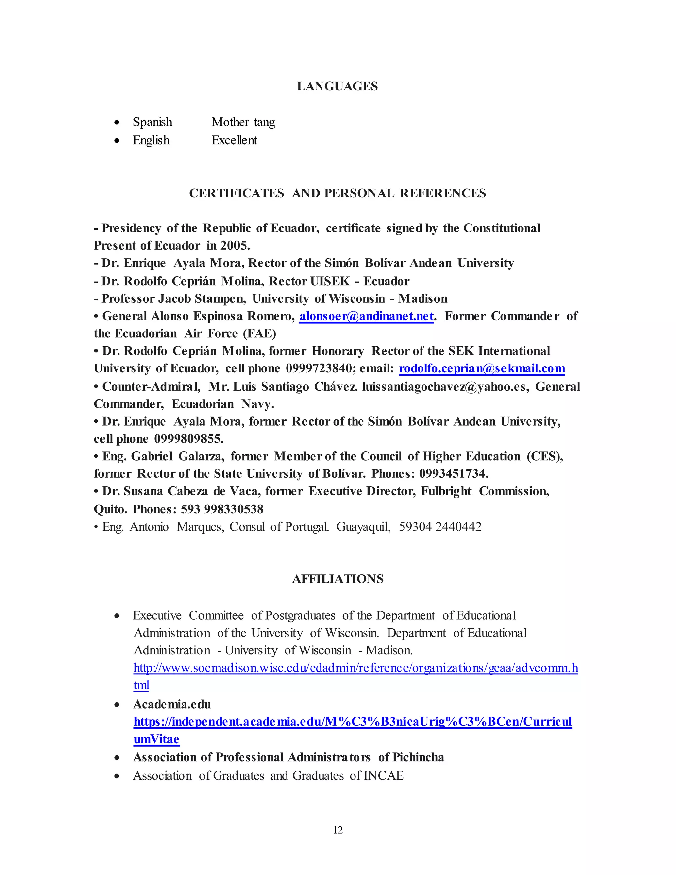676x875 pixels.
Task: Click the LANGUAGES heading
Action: tap(337, 86)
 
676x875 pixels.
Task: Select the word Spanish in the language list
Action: tap(152, 122)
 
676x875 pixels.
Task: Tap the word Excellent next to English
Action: tap(234, 140)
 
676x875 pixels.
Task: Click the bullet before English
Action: tap(117, 141)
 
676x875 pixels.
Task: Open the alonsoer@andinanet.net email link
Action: tap(366, 316)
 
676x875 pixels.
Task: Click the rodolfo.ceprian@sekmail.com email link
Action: tap(482, 368)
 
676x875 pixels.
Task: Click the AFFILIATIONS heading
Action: tap(338, 579)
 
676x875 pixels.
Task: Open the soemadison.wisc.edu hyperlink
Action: tap(355, 668)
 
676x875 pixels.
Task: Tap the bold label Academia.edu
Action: tap(172, 704)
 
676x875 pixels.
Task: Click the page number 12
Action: tap(338, 830)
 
